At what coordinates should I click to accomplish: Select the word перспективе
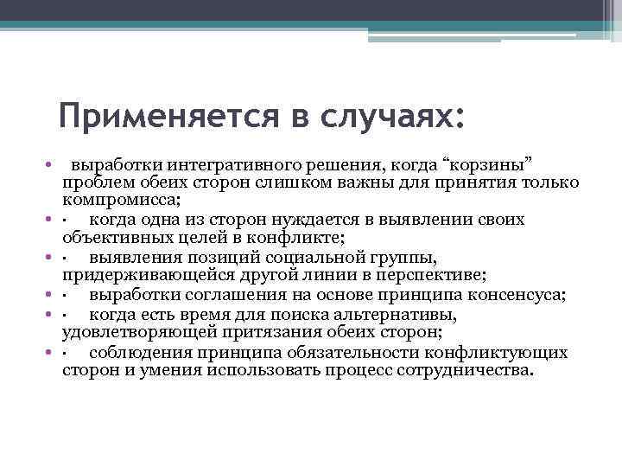point(435,276)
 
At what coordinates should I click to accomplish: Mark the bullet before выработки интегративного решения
point(52,164)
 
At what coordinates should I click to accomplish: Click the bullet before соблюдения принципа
point(52,353)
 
